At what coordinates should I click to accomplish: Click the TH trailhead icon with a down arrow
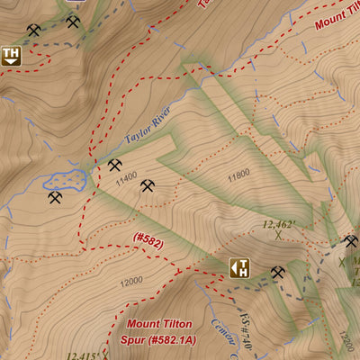[11, 56]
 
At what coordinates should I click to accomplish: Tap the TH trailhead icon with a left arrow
[238, 267]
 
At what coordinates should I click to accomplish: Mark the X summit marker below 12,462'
[280, 238]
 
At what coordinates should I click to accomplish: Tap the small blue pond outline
[67, 180]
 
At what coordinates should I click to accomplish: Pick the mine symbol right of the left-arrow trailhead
[277, 272]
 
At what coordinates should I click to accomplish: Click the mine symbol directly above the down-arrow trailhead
[33, 31]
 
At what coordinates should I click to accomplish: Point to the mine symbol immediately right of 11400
[148, 186]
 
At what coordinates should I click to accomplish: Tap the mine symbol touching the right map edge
[351, 241]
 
